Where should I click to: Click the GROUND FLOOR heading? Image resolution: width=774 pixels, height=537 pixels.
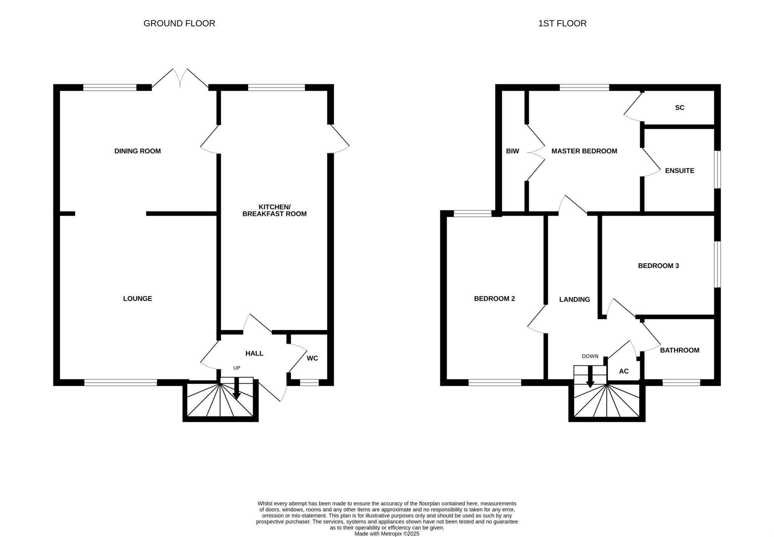tap(179, 23)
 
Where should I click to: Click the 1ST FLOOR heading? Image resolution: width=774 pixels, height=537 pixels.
tap(562, 23)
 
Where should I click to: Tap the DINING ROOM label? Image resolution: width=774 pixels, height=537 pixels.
tap(138, 151)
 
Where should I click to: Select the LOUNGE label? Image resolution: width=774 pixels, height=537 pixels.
tap(138, 299)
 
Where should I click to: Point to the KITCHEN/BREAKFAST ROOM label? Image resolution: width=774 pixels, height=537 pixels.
tap(274, 210)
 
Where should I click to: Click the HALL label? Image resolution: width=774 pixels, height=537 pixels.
tap(254, 354)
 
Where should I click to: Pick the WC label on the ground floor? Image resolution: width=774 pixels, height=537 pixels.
tap(313, 358)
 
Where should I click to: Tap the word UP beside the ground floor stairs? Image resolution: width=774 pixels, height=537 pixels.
tap(237, 368)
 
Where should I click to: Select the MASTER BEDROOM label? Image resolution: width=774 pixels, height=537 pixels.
tap(584, 151)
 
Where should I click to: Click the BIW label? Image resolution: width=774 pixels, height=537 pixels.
tap(512, 151)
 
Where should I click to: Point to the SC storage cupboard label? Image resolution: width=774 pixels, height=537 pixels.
tap(680, 108)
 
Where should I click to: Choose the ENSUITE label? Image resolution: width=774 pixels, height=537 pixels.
tap(680, 171)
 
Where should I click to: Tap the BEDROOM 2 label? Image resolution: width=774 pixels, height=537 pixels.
tap(494, 299)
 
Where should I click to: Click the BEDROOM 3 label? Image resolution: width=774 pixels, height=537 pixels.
tap(658, 266)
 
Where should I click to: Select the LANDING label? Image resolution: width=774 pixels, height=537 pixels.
tap(574, 300)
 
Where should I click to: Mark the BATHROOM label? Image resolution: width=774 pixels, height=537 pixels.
tap(680, 350)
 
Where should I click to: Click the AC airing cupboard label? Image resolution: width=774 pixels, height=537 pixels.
tap(624, 371)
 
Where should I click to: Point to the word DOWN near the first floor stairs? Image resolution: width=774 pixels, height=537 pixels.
tap(590, 356)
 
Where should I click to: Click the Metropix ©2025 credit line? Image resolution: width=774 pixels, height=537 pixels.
tap(387, 534)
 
